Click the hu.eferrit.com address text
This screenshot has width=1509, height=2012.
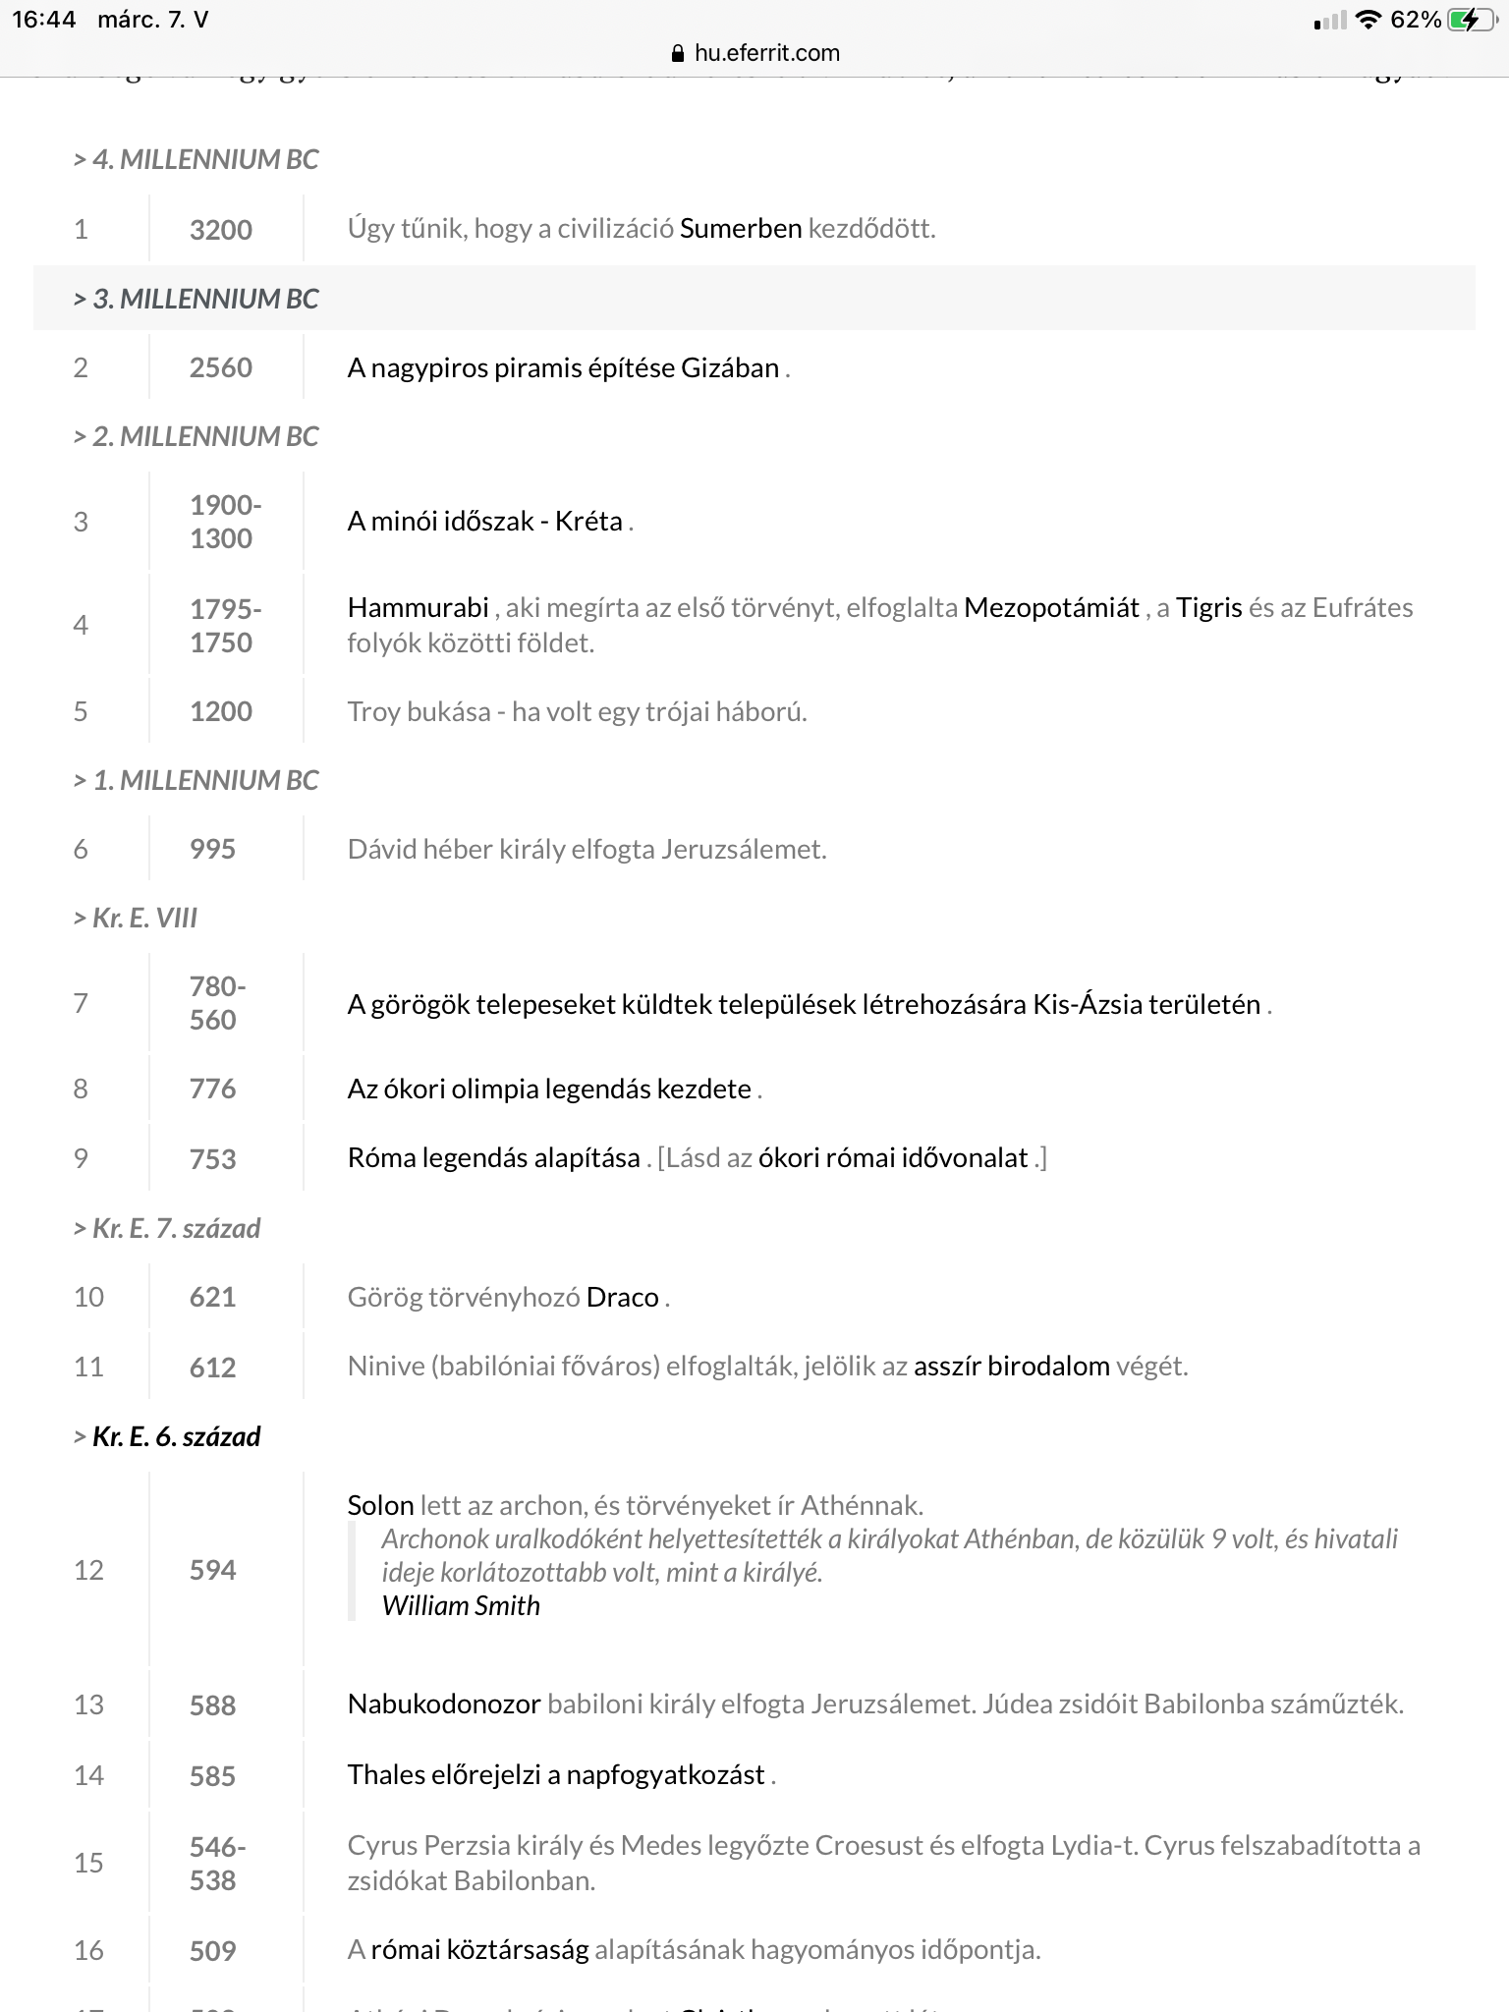click(x=766, y=53)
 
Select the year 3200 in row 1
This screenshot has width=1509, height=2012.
click(x=221, y=230)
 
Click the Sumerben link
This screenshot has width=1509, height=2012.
click(x=741, y=229)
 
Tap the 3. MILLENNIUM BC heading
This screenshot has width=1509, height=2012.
click(x=196, y=299)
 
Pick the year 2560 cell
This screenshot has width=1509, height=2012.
click(x=221, y=367)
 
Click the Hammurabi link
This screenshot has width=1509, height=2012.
click(x=418, y=607)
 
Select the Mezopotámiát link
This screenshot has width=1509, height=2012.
click(x=1051, y=607)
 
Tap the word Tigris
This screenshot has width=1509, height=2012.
click(x=1209, y=607)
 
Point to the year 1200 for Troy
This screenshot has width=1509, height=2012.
click(x=221, y=711)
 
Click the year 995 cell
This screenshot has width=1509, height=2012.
click(x=213, y=849)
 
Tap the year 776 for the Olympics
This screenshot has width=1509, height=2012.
click(x=213, y=1089)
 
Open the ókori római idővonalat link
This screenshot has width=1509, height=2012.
click(x=893, y=1157)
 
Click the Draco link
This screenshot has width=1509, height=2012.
click(x=622, y=1297)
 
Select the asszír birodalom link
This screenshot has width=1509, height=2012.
click(x=1011, y=1366)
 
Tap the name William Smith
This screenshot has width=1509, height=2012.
click(x=461, y=1605)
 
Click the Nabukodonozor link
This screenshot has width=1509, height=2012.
click(x=444, y=1704)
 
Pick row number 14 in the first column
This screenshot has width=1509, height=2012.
click(x=88, y=1774)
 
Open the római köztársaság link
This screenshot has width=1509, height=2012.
click(x=479, y=1949)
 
